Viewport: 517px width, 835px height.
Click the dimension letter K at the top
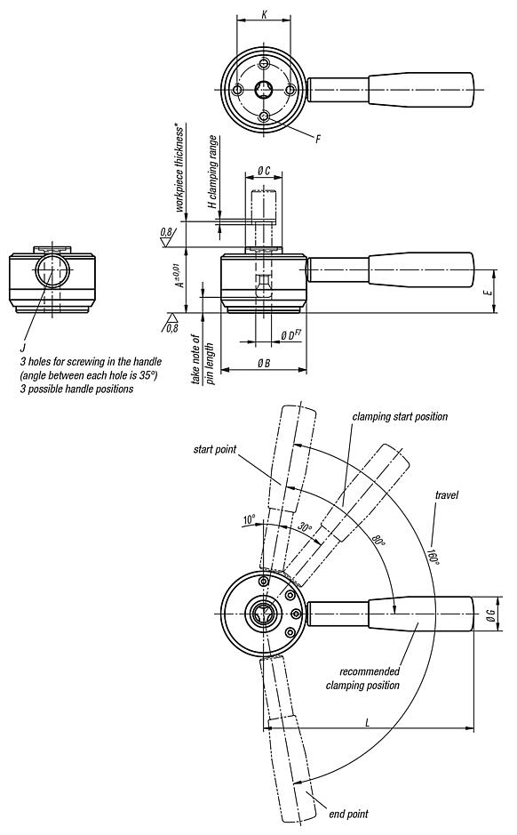264,14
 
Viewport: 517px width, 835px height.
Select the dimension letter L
368,721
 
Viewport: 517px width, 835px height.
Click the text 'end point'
348,814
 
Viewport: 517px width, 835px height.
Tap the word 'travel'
446,494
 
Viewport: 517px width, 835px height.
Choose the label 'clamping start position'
400,416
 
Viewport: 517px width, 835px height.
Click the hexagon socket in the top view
264,90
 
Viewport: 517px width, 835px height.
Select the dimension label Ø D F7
290,335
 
